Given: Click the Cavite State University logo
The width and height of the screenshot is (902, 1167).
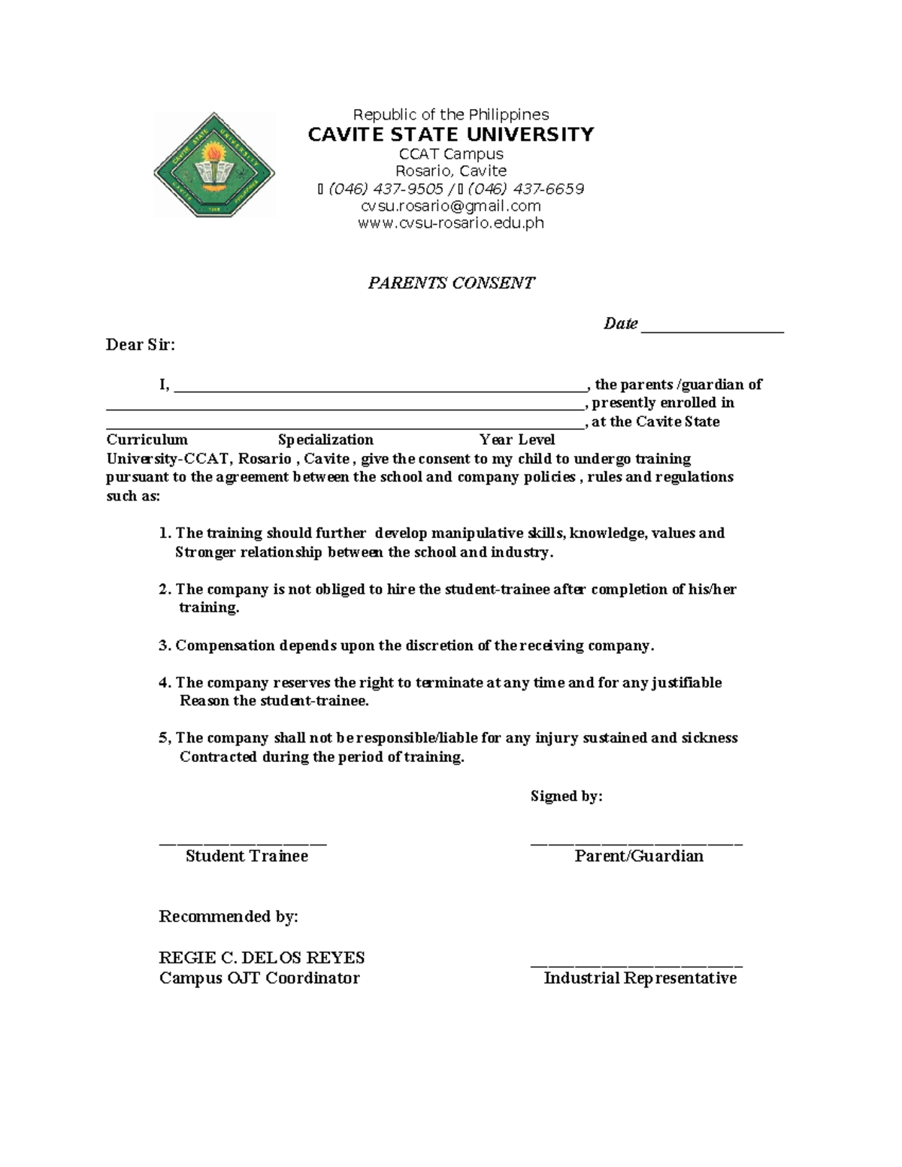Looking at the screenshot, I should pos(214,165).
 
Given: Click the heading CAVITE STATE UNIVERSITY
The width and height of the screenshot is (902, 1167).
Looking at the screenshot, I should pos(451,135).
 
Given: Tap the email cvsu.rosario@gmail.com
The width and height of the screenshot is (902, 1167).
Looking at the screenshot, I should pos(451,206).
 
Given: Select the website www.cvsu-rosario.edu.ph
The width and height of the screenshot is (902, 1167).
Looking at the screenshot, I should pos(451,223).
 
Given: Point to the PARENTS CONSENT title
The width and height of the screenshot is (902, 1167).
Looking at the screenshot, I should pos(451,283).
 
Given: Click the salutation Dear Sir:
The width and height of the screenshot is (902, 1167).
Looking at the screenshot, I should pos(141,345).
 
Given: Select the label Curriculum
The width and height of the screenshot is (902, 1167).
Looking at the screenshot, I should pos(147,440).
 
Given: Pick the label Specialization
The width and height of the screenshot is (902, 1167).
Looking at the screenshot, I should pos(325,440).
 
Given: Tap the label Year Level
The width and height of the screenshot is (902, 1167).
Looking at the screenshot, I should pos(517,440).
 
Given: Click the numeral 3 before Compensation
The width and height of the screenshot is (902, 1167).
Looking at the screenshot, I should pos(163,645).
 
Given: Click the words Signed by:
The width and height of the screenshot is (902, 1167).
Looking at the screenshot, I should pos(566,796).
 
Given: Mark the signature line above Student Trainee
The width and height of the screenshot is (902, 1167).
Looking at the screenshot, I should pos(243,843).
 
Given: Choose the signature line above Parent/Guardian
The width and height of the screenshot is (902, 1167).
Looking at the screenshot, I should pos(636,843).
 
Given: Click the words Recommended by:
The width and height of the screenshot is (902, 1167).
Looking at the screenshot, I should pos(229,917).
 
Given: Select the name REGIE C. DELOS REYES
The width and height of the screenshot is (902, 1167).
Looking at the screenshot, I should pos(262,958).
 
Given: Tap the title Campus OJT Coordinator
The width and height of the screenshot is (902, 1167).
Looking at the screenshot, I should pos(259,978).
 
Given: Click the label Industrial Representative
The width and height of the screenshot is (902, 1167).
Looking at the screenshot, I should pos(640,978).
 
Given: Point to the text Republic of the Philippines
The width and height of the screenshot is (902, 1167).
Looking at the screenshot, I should pos(451,115).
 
